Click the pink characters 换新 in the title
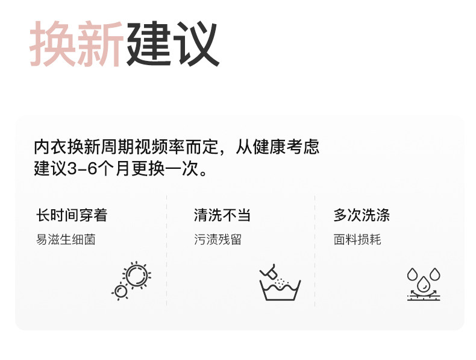pyautogui.click(x=77, y=45)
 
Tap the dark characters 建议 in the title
pyautogui.click(x=172, y=45)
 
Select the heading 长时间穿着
pyautogui.click(x=72, y=215)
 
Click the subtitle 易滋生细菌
pyautogui.click(x=66, y=239)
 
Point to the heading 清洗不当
pyautogui.click(x=222, y=215)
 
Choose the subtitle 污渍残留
pyautogui.click(x=218, y=239)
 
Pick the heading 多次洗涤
pyautogui.click(x=362, y=215)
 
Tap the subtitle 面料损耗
pyautogui.click(x=357, y=239)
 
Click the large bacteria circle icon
pyautogui.click(x=136, y=274)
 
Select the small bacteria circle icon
pyautogui.click(x=121, y=291)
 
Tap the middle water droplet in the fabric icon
pyautogui.click(x=424, y=281)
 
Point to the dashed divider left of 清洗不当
pyautogui.click(x=166, y=250)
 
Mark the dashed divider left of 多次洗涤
pyautogui.click(x=315, y=250)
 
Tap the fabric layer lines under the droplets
pyautogui.click(x=424, y=296)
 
